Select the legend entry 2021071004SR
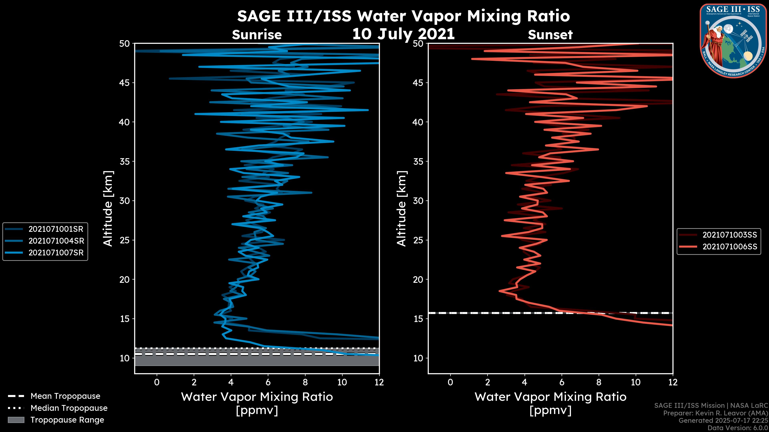pyautogui.click(x=56, y=241)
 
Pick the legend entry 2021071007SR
pyautogui.click(x=56, y=253)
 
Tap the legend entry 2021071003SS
pyautogui.click(x=730, y=235)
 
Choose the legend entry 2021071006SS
pyautogui.click(x=730, y=247)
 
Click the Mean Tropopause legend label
pyautogui.click(x=65, y=396)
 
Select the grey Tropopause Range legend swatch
pyautogui.click(x=16, y=420)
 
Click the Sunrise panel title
pyautogui.click(x=257, y=35)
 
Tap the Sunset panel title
pyautogui.click(x=550, y=35)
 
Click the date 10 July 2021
pyautogui.click(x=403, y=34)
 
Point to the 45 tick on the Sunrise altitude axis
pyautogui.click(x=125, y=83)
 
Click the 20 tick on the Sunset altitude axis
pyautogui.click(x=418, y=279)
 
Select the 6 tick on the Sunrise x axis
pyautogui.click(x=268, y=382)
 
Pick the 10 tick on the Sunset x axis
pyautogui.click(x=636, y=382)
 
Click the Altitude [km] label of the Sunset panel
pyautogui.click(x=402, y=208)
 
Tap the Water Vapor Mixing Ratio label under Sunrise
pyautogui.click(x=257, y=397)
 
